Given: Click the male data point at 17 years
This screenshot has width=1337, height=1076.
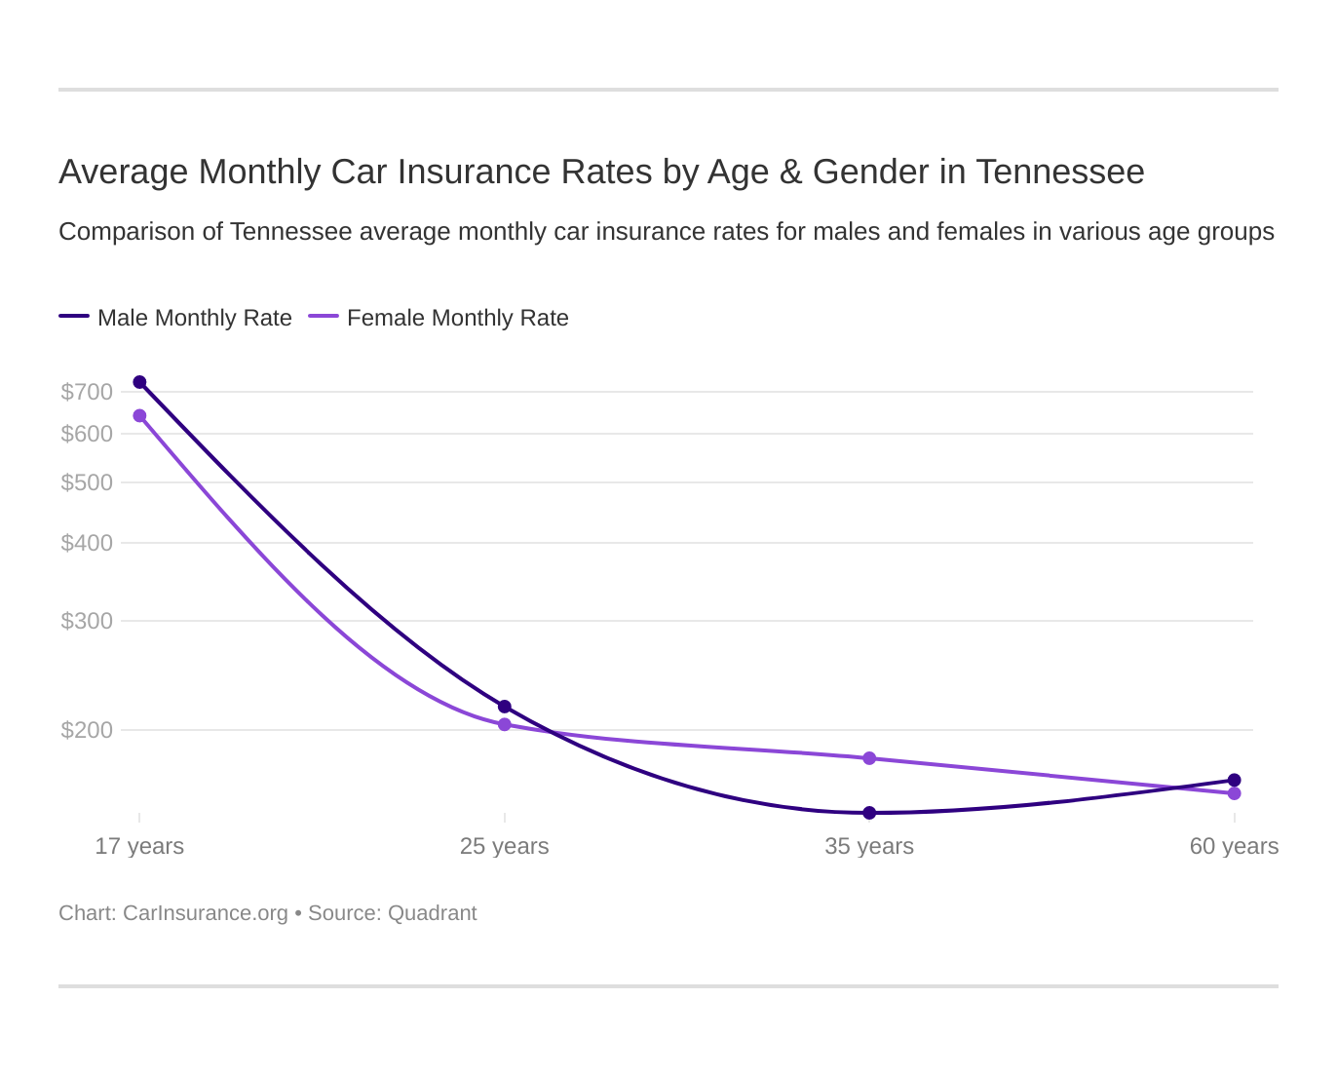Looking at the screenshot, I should coord(139,382).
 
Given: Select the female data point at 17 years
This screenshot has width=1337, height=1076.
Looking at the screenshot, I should coord(139,416).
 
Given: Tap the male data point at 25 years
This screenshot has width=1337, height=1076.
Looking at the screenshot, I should coord(505,707).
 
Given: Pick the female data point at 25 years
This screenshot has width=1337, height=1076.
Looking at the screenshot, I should coord(505,724).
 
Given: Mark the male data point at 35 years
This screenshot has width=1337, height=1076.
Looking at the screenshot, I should coord(869,813).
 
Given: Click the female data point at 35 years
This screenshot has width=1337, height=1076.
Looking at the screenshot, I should coord(869,758).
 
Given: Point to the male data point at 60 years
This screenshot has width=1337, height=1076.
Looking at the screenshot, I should coord(1234,780).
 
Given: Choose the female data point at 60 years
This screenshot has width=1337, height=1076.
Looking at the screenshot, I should coord(1234,793).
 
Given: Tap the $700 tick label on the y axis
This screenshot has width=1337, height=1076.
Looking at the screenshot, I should coord(87,392).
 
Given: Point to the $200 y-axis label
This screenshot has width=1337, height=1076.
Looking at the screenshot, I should coord(87,730).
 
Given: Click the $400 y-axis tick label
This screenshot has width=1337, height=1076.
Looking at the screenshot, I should coord(87,543).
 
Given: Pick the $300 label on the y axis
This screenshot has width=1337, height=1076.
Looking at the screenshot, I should coord(87,621).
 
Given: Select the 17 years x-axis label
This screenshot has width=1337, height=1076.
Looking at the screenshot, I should coord(139,846).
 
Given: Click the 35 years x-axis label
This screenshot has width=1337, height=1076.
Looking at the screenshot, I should coord(869,846).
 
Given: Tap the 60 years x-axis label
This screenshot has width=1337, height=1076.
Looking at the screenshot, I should coord(1234,846).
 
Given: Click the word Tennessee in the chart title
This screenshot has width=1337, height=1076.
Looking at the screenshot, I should coord(1059,172).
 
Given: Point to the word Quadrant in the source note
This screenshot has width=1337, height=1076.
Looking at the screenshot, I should coord(432,913).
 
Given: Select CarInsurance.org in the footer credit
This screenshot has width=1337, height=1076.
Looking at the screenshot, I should coord(205,913).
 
